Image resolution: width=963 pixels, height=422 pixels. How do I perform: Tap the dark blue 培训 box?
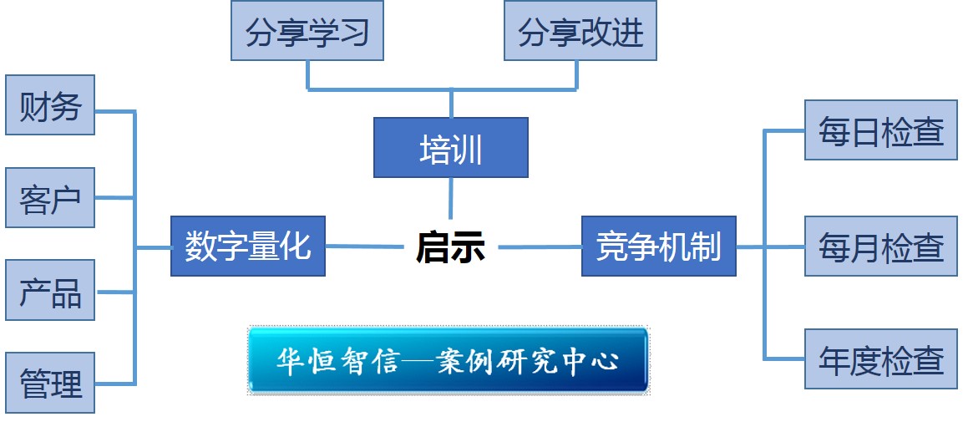[x=450, y=148]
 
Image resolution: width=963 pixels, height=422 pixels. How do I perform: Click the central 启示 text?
[x=450, y=247]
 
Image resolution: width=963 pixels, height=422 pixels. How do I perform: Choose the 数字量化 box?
[x=247, y=247]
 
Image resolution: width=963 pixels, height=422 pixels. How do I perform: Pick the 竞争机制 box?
[x=658, y=247]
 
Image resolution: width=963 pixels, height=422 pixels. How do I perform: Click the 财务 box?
[x=50, y=105]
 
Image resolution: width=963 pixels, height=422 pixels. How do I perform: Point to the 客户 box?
[x=50, y=198]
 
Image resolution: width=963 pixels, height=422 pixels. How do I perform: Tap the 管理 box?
[x=50, y=383]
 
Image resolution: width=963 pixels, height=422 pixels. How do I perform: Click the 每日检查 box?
[x=881, y=130]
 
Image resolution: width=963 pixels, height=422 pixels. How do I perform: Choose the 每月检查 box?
[x=881, y=247]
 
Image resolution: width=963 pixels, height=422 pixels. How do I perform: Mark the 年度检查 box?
[x=881, y=359]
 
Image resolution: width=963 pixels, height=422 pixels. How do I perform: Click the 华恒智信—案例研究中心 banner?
[x=449, y=361]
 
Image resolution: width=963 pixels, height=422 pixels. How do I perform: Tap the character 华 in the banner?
[x=290, y=362]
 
